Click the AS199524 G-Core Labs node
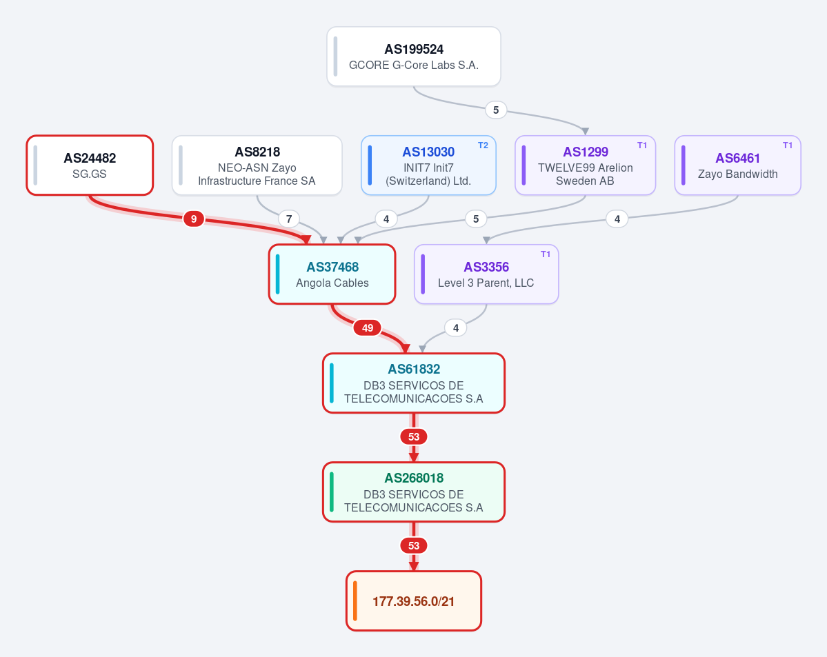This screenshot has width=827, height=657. pos(414,57)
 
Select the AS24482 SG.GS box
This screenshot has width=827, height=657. pos(90,165)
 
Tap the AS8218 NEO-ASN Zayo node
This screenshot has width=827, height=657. pos(257,165)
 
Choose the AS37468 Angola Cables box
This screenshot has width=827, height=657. pos(332,274)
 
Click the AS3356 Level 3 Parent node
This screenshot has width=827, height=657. pos(486,274)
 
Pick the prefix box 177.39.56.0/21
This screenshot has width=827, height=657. pos(414,601)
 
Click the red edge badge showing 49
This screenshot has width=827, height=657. pos(368,328)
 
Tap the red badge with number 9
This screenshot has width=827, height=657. pos(194,219)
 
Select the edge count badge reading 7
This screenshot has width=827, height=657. pos(289,219)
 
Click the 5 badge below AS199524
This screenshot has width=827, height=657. pos(496,110)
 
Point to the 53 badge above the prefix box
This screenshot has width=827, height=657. pos(414,546)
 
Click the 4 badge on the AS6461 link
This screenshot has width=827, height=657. pos(617,219)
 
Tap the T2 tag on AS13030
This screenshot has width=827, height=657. pos(483,145)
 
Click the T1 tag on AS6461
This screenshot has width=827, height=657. pos(788,145)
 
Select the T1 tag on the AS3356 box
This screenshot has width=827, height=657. pos(546,254)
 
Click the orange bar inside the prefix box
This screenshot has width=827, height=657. pos(355,601)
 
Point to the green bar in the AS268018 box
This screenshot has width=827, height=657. pos(332,492)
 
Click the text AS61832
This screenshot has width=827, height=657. pos(414,369)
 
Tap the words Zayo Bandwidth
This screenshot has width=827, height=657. pos(738,174)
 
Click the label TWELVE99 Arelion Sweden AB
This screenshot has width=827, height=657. pos(586,174)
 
